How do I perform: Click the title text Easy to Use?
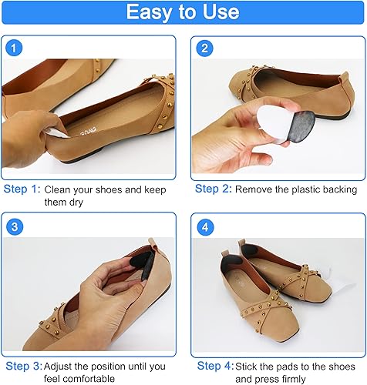point(183,13)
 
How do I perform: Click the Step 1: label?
point(22,189)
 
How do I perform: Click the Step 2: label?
point(213,189)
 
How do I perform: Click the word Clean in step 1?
point(59,189)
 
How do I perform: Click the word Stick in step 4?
point(248,367)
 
